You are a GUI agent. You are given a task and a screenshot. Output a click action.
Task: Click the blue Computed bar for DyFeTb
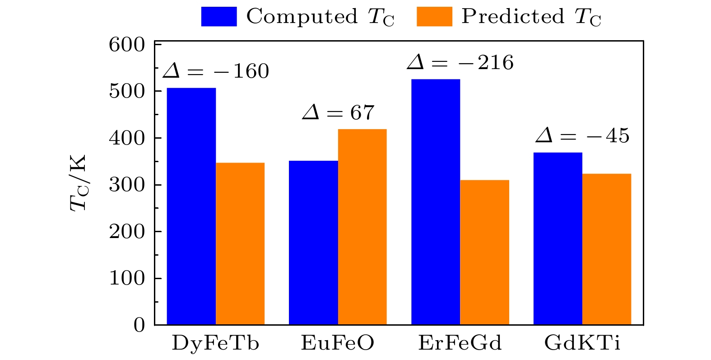191,206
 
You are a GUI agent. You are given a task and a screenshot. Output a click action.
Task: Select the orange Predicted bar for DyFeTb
240,243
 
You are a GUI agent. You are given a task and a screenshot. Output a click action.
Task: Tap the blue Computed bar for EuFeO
313,243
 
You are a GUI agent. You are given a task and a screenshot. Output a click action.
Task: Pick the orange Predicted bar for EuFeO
362,227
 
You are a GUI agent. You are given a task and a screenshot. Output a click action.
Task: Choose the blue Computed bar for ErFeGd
436,202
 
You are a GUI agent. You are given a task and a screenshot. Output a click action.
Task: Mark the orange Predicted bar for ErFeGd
484,252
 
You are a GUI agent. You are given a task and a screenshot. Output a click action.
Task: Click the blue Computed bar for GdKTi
558,238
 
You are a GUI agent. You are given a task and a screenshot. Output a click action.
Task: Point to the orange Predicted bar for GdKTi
607,249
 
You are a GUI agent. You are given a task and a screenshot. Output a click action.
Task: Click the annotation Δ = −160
216,71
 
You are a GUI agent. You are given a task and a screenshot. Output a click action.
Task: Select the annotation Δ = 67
338,112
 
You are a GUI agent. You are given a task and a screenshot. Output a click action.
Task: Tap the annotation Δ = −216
460,63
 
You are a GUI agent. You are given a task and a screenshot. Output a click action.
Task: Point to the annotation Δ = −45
582,136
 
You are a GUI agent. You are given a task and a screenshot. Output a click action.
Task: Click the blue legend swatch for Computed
219,17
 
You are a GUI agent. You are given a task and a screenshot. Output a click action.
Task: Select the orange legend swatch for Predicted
434,17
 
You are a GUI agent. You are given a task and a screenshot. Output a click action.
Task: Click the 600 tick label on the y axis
127,45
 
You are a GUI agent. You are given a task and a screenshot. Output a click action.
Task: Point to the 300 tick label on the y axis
127,185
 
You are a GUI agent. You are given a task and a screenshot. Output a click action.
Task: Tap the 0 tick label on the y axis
139,325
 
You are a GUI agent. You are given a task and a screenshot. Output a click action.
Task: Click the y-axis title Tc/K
78,183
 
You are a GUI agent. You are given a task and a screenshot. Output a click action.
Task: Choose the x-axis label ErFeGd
460,343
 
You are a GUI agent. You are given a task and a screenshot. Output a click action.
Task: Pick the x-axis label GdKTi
582,343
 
